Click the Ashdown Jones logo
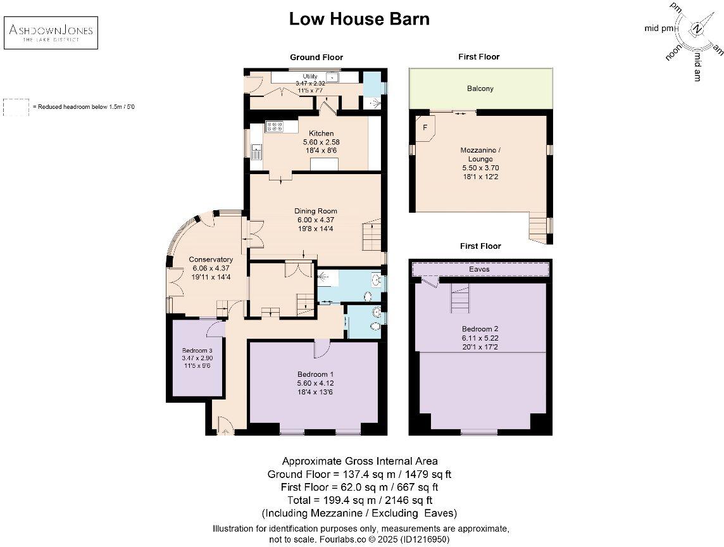(51, 33)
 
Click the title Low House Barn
(359, 19)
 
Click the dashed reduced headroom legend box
(16, 107)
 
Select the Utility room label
(310, 76)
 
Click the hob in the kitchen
(275, 126)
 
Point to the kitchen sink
(256, 151)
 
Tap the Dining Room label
(316, 211)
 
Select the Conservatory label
(211, 260)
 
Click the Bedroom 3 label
(197, 351)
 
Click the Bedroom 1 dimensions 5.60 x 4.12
(315, 384)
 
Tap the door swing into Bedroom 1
(321, 349)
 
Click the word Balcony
(480, 88)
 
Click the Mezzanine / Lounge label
(480, 154)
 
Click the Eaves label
(479, 269)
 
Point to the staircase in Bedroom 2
(460, 298)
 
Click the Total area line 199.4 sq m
(359, 500)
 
